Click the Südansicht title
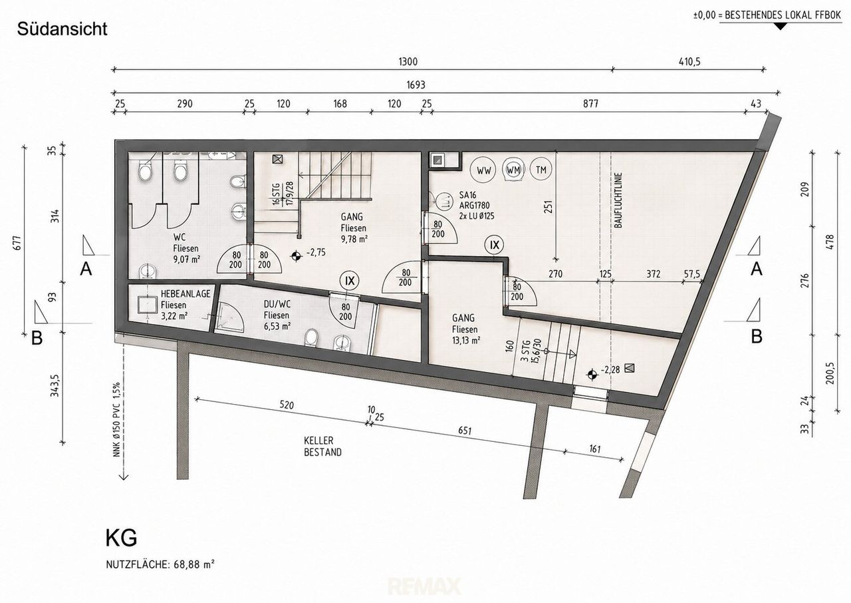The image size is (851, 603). tap(62, 29)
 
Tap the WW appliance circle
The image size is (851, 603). tap(483, 170)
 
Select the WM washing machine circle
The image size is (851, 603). tap(513, 170)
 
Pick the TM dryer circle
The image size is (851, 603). tap(541, 170)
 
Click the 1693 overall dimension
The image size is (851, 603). tap(416, 85)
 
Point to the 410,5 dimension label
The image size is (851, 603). tap(689, 62)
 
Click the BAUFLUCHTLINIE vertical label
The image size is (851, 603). tap(618, 200)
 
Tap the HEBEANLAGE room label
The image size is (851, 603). tap(185, 294)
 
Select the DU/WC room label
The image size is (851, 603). tap(277, 304)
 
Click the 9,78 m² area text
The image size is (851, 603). tap(354, 239)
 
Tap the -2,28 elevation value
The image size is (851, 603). tap(610, 369)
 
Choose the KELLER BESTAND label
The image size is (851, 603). tap(322, 447)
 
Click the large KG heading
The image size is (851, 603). tap(121, 538)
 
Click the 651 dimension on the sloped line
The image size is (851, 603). tap(465, 431)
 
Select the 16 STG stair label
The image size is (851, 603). tap(276, 194)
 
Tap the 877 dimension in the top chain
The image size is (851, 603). tap(591, 104)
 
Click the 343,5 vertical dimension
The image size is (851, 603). tap(55, 385)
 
